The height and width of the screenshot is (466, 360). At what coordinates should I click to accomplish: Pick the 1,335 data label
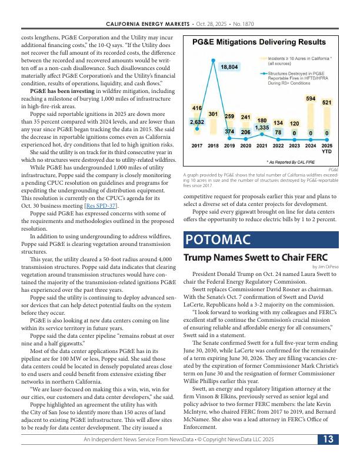[x=262, y=127]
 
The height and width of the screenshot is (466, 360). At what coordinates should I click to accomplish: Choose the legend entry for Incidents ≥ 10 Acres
[x=299, y=61]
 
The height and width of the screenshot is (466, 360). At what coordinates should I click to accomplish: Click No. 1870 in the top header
[x=246, y=24]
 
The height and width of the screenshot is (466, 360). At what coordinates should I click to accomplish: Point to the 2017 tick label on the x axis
[x=197, y=145]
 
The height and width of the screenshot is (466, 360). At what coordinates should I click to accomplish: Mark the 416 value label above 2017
[x=197, y=108]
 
